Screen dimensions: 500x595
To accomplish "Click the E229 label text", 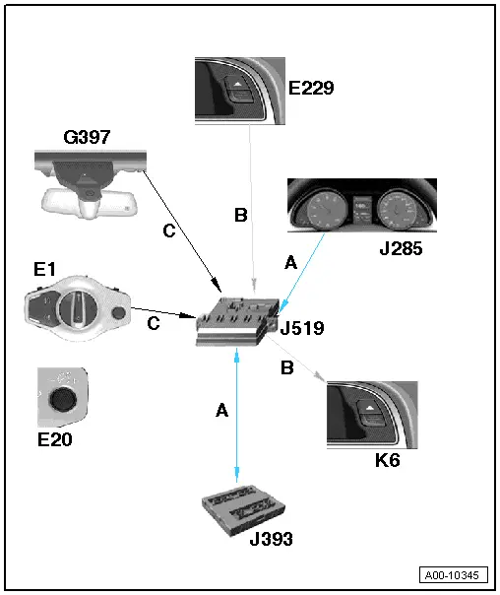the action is tap(311, 88).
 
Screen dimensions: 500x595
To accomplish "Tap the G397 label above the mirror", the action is tap(87, 137).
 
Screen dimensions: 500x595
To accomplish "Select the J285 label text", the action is tap(401, 249).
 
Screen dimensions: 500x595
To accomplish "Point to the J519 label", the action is tap(302, 328).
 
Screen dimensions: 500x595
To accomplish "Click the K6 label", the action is tap(388, 460).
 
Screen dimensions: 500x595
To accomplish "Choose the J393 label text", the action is tap(271, 539).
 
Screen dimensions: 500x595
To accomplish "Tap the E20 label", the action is tap(54, 439).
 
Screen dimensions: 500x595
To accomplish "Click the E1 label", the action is tap(44, 269).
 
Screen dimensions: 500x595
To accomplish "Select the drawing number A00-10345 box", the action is tap(454, 575).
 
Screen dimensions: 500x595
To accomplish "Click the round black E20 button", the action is tap(63, 399).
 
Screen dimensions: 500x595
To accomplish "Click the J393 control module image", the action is tap(242, 509).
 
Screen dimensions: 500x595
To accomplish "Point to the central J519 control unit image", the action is tap(237, 322).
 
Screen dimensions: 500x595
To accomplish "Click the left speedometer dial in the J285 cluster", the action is tap(327, 210).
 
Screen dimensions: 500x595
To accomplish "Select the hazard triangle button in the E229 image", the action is tap(238, 84).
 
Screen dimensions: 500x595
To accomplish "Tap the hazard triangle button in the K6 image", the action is tap(370, 408).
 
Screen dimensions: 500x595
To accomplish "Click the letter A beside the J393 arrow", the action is tap(221, 410).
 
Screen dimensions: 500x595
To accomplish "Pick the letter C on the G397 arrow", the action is tap(169, 231).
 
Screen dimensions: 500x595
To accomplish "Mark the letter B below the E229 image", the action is tap(241, 215).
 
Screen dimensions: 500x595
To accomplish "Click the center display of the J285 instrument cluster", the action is tap(363, 210).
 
